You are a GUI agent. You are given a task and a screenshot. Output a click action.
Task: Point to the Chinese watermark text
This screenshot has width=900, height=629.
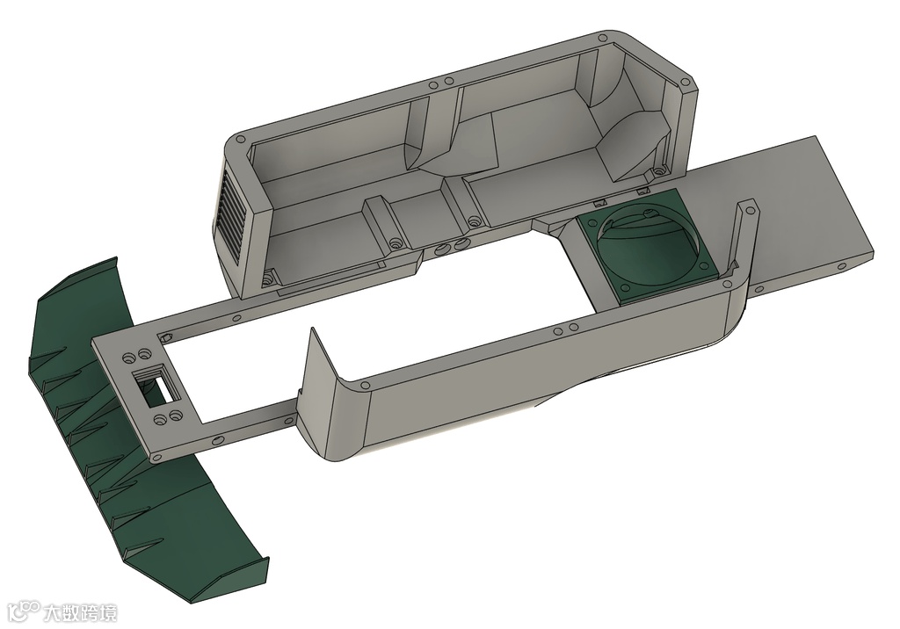80,612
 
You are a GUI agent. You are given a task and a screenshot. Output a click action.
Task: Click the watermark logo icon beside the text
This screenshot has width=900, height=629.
25,611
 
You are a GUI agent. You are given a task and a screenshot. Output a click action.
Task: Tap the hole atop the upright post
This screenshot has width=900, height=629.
749,211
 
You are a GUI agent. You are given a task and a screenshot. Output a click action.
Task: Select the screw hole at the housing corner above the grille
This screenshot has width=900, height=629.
239,139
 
